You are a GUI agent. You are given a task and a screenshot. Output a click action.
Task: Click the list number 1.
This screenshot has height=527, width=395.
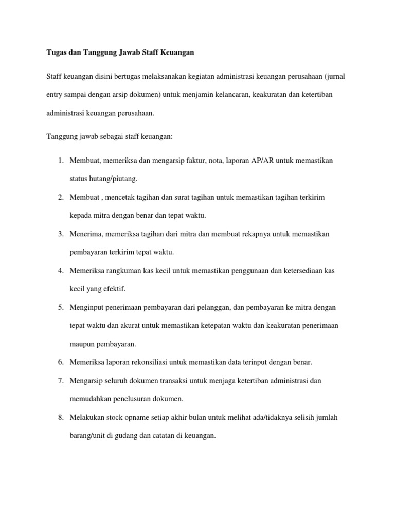[x=60, y=161]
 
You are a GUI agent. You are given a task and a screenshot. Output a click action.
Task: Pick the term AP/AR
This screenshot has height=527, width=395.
[x=262, y=161]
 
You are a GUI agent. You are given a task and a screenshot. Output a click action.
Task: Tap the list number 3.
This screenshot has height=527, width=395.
[x=60, y=234]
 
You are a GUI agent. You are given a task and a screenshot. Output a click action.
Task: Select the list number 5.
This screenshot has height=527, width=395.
[x=60, y=308]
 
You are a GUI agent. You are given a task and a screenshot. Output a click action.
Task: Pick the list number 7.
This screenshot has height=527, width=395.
[x=60, y=381]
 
